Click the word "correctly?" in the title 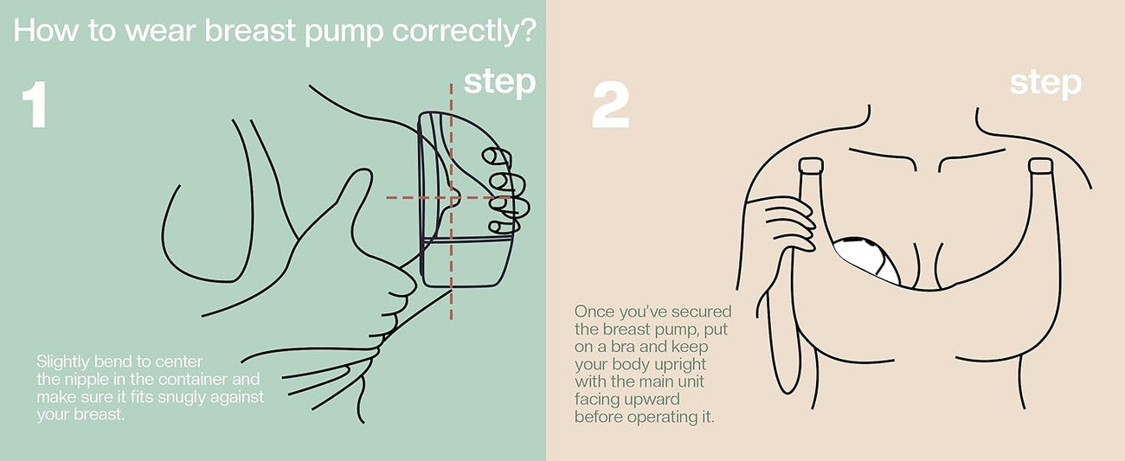[x=464, y=32]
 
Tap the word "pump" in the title [x=345, y=33]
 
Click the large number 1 [x=35, y=105]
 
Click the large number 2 [x=610, y=105]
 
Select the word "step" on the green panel [x=499, y=83]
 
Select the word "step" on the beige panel [x=1045, y=83]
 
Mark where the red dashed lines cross [x=451, y=198]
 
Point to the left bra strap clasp [x=811, y=166]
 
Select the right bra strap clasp [x=1040, y=166]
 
